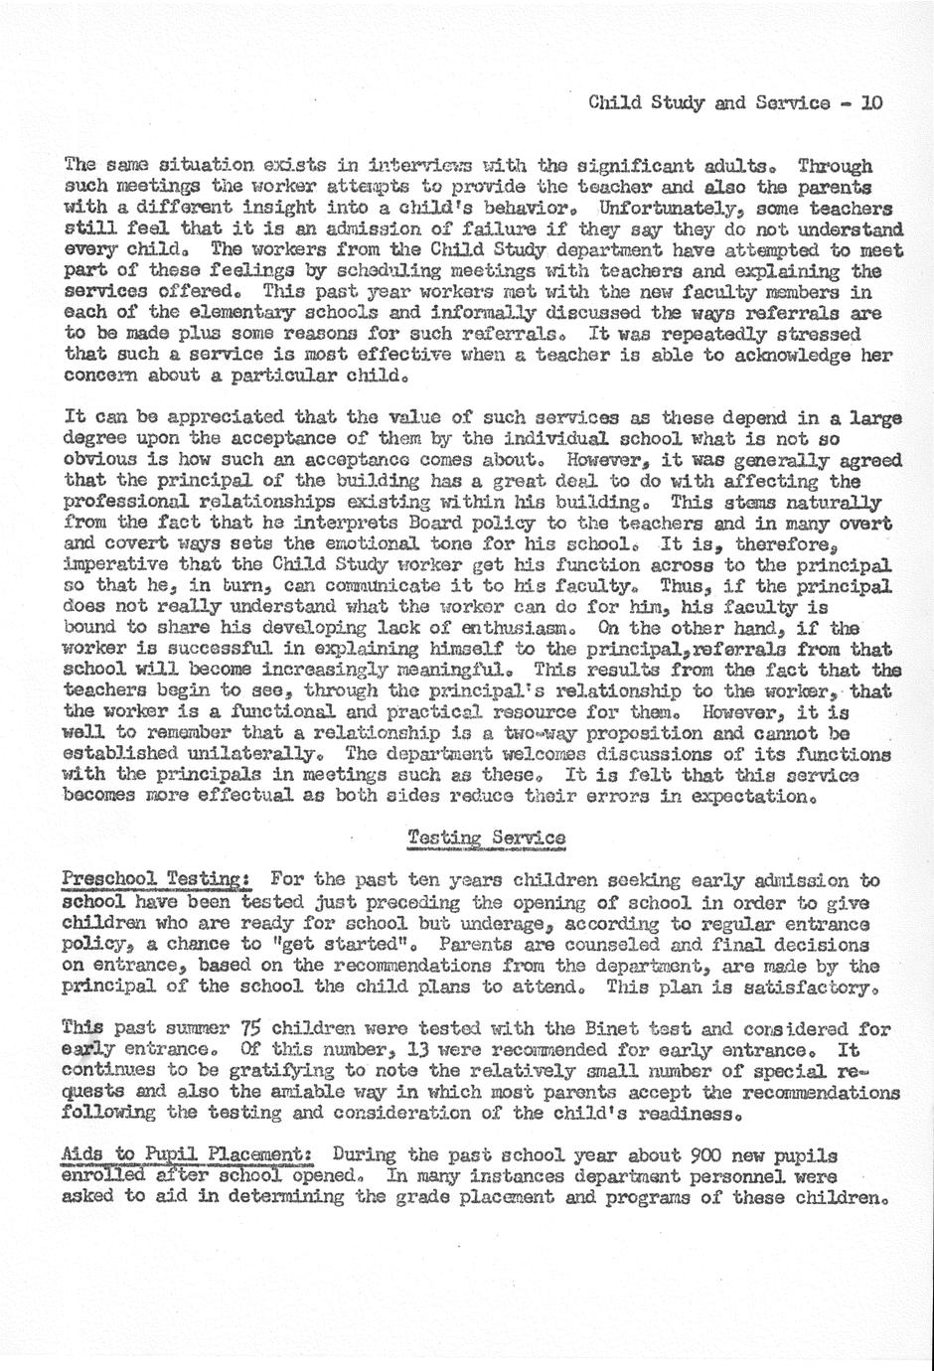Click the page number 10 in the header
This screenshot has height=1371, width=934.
point(871,102)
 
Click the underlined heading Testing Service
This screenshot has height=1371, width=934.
point(487,838)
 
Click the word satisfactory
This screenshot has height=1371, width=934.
point(823,987)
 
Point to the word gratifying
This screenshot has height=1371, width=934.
point(223,1071)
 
